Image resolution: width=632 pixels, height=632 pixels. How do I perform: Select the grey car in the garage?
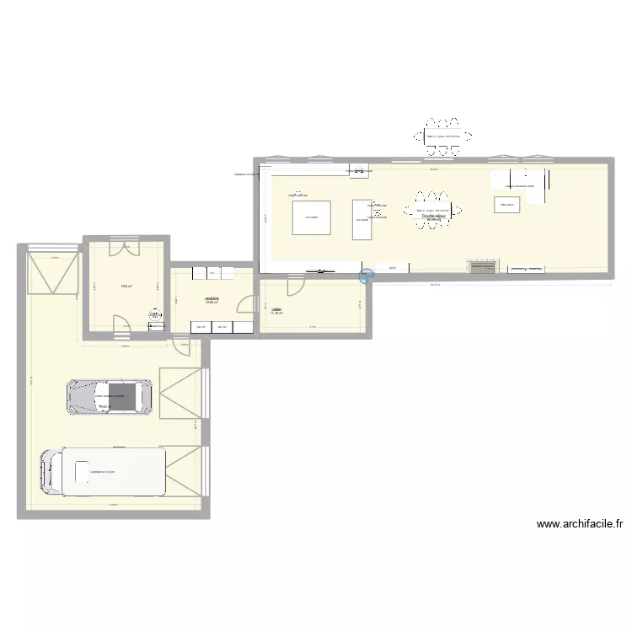110,397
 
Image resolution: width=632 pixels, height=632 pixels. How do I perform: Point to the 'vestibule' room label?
212,297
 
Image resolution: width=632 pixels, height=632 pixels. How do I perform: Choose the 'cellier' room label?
276,309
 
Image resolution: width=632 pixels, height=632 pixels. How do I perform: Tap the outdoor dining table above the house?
442,137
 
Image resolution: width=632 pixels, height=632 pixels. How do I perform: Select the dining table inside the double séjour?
432,211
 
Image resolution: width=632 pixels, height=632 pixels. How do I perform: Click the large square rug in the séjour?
311,217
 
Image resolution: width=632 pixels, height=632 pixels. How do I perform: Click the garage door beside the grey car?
179,394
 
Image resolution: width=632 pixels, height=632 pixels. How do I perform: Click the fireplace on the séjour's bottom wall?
483,266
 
